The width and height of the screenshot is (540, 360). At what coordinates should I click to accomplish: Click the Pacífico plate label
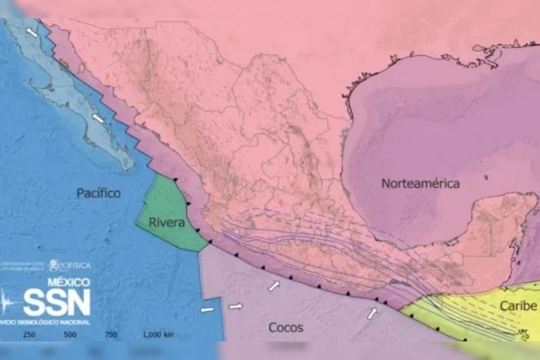point(98,193)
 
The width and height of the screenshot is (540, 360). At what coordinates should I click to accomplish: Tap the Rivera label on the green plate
point(164,224)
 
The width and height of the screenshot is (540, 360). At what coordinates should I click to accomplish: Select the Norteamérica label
point(421,184)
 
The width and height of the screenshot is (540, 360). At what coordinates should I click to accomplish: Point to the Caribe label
point(518,307)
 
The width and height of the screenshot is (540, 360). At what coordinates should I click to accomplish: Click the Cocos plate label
point(285,328)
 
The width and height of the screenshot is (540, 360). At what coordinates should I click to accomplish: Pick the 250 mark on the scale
point(29,335)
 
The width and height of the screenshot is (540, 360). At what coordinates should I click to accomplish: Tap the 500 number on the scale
point(70,335)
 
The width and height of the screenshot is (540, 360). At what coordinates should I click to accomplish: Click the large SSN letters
point(56,302)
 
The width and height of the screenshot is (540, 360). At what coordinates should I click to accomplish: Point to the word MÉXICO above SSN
point(68,282)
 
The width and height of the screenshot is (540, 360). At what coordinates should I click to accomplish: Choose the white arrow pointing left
point(207,310)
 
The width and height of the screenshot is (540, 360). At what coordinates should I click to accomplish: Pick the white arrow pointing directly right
point(236,307)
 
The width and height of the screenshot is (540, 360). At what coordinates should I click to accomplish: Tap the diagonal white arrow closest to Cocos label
point(274,286)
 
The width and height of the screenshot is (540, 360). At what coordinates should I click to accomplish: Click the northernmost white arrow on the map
point(32,32)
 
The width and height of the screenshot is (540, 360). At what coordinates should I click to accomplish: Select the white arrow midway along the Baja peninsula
point(98,118)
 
